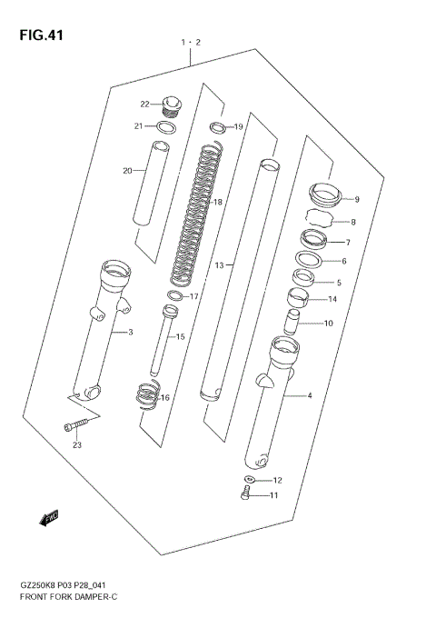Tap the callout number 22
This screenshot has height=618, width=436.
(x=144, y=104)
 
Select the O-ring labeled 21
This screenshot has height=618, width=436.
(x=165, y=126)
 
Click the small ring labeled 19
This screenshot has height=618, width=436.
(x=217, y=126)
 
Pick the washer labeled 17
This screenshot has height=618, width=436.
(x=173, y=296)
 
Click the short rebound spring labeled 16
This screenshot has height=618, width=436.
(x=147, y=397)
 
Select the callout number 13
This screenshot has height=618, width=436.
(x=219, y=265)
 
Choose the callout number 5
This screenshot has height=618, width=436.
(x=339, y=283)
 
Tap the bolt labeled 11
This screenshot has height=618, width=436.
(x=245, y=494)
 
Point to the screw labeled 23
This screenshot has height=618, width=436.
(x=74, y=426)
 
